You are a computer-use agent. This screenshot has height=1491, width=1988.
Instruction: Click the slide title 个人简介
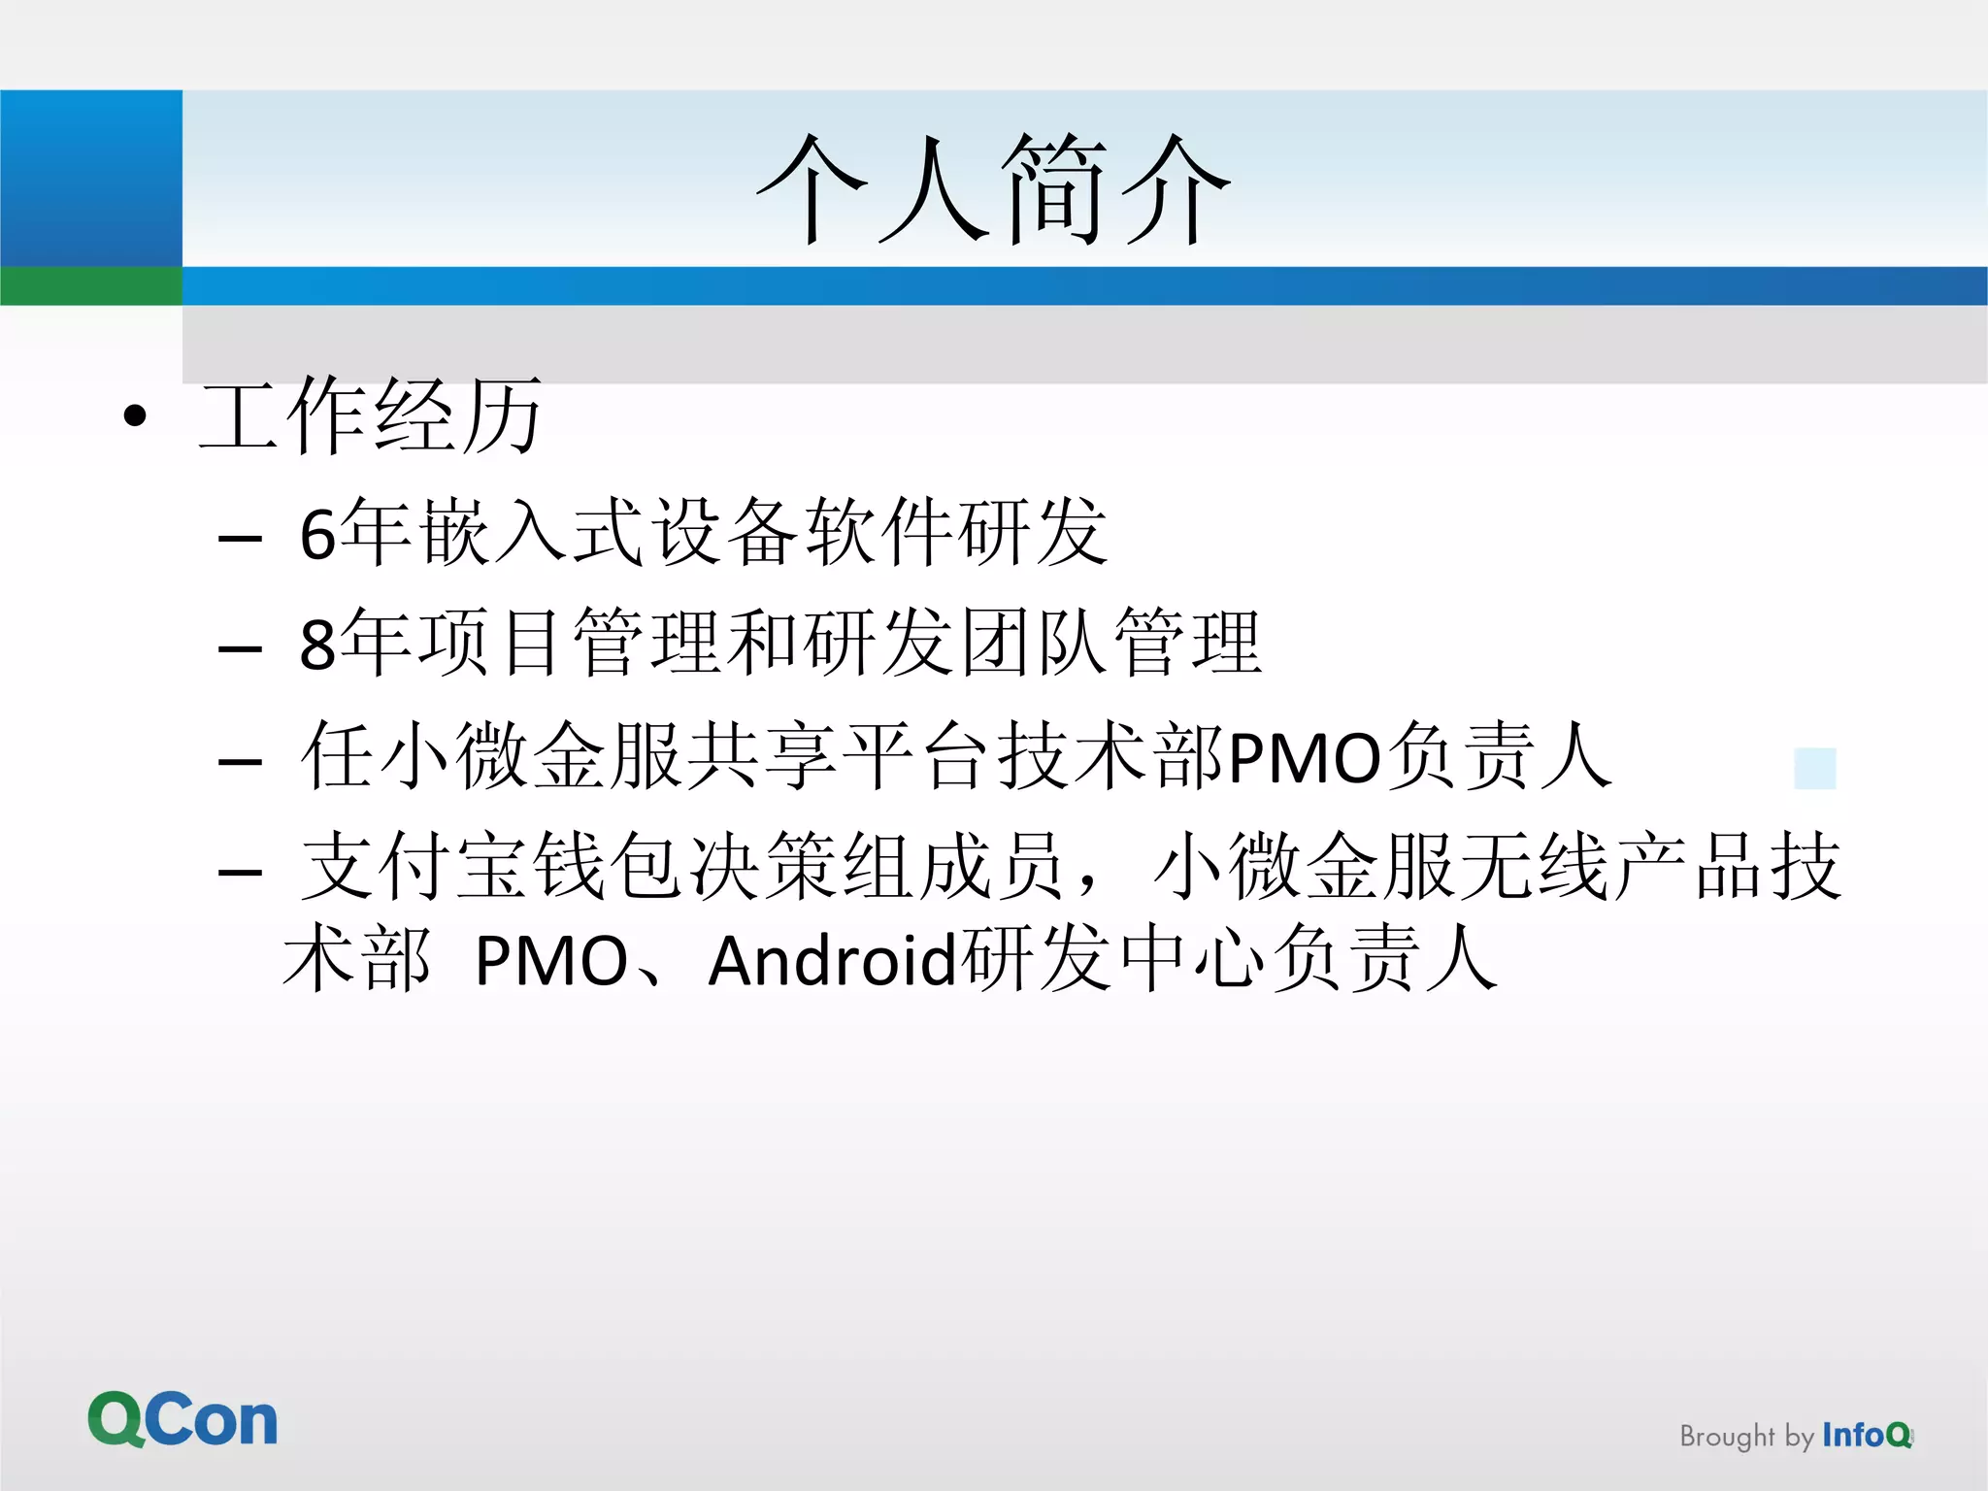pos(993,189)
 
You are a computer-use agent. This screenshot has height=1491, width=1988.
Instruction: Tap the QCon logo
pos(182,1420)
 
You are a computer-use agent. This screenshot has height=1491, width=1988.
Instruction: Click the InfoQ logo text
pos(1867,1435)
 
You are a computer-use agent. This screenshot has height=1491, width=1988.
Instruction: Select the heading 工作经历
pos(370,416)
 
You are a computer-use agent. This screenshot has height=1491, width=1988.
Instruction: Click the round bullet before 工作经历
pos(136,417)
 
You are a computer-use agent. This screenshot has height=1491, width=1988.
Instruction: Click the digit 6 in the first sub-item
pos(317,534)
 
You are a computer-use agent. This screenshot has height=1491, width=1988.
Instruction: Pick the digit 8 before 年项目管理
pos(317,645)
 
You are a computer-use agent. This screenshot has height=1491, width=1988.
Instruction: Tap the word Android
pos(833,961)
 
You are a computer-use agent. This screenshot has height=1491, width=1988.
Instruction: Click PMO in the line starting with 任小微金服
pos(1305,758)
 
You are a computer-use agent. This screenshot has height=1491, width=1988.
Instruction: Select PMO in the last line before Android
pos(551,961)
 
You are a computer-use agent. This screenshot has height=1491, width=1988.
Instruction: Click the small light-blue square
pos(1815,769)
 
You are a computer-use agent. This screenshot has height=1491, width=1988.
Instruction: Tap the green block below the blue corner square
pos(91,285)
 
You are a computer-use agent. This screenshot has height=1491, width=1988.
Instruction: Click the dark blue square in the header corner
pos(91,178)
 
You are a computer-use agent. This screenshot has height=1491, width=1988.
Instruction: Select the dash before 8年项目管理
pos(241,647)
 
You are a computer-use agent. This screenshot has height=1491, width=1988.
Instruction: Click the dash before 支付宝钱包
pos(241,872)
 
